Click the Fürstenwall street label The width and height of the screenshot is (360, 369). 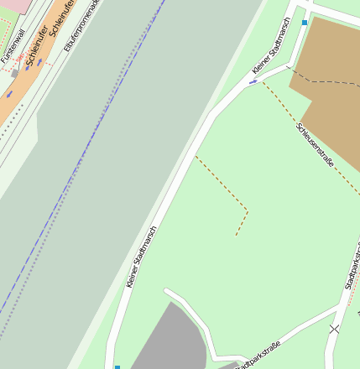tap(13, 47)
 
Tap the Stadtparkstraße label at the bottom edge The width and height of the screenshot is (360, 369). tap(257, 356)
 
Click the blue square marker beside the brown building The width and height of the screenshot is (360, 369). tap(305, 23)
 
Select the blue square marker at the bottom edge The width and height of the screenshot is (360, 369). tap(117, 366)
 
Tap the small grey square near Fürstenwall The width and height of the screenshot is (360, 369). tap(15, 74)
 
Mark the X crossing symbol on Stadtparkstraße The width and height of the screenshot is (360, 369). tap(335, 329)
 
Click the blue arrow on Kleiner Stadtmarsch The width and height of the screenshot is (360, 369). tap(253, 82)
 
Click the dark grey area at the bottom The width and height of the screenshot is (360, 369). tap(168, 344)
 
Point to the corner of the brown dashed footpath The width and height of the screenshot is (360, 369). tap(248, 209)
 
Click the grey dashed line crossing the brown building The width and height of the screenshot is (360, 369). tap(327, 81)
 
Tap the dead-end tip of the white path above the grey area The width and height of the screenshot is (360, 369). tap(167, 292)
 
